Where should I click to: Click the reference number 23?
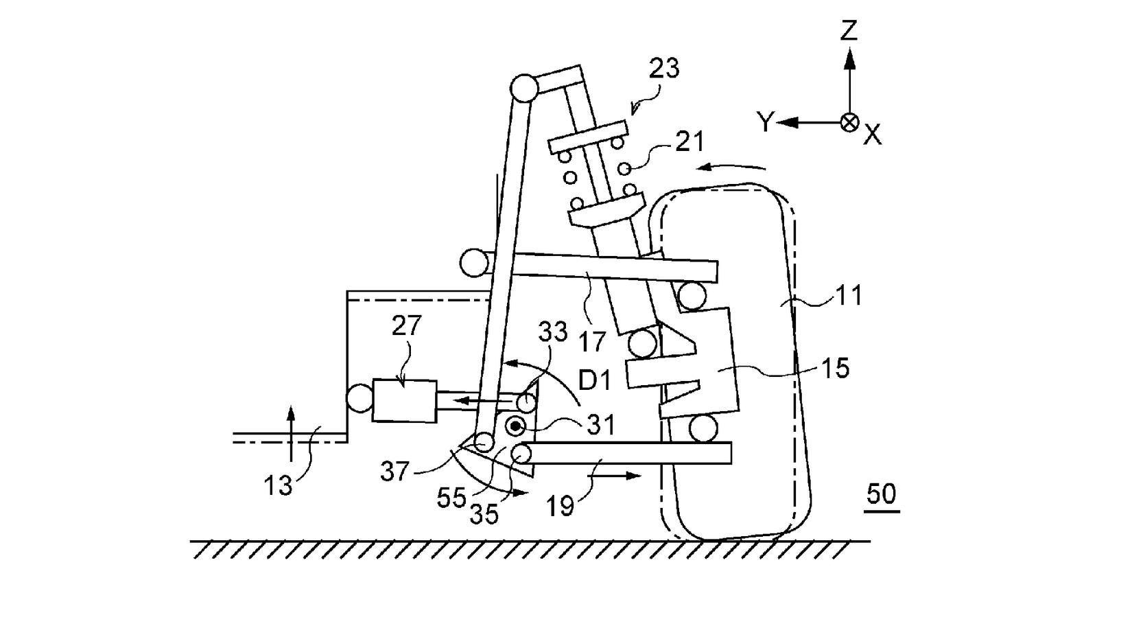click(x=663, y=68)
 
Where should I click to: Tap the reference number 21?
click(x=689, y=142)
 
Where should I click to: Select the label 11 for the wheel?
click(x=849, y=295)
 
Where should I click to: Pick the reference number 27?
click(x=406, y=325)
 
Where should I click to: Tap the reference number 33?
click(x=553, y=333)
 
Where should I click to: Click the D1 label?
click(x=596, y=380)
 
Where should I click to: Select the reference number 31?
click(x=600, y=425)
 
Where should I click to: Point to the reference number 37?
click(x=394, y=471)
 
